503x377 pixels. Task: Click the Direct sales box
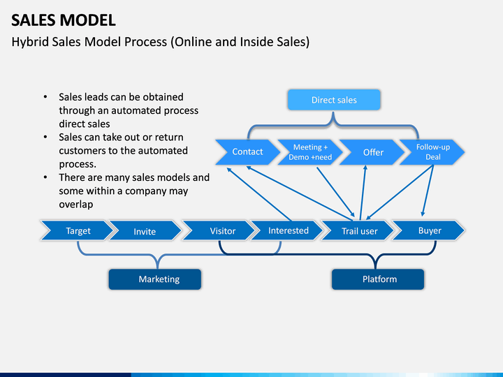[334, 100]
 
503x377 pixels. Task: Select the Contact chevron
[247, 152]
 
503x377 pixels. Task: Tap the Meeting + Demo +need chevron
[310, 152]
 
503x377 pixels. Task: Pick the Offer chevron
[372, 152]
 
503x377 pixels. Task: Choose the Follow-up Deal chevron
[432, 152]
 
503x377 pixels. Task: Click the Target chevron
[78, 230]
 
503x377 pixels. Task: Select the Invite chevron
[145, 230]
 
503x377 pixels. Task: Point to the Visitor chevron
[219, 230]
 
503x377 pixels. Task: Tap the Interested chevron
[287, 230]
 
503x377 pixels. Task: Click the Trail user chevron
[358, 230]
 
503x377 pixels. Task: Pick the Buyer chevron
[428, 230]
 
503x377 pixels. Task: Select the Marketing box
[155, 279]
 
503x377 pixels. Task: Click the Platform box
[378, 279]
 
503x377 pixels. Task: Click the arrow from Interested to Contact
[259, 194]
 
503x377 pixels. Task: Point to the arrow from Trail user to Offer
[363, 193]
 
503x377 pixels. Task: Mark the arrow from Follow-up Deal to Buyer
[428, 191]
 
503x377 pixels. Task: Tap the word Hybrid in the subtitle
[30, 42]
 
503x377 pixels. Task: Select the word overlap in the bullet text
[76, 205]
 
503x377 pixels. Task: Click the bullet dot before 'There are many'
[45, 177]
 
